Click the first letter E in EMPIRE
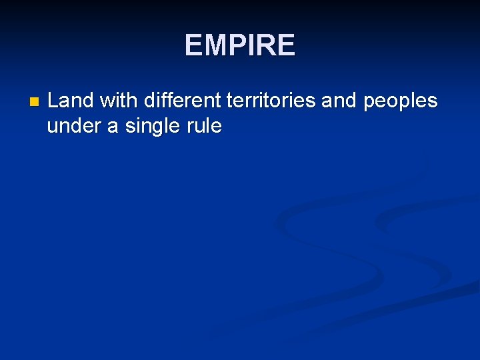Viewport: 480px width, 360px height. pyautogui.click(x=193, y=45)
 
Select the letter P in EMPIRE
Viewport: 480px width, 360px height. pyautogui.click(x=233, y=45)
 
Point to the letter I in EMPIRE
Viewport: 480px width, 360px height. pyautogui.click(x=248, y=45)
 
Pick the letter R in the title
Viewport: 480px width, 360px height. pyautogui.click(x=263, y=45)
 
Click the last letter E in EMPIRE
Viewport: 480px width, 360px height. pyautogui.click(x=285, y=45)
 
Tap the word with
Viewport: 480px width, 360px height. pyautogui.click(x=119, y=101)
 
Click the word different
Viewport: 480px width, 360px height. pyautogui.click(x=182, y=101)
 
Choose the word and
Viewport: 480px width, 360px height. pyautogui.click(x=338, y=101)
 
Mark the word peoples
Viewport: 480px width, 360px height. pyautogui.click(x=399, y=102)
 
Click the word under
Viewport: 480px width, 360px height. pyautogui.click(x=72, y=126)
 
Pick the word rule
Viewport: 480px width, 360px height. pyautogui.click(x=204, y=126)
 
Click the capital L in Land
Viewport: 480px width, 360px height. pyautogui.click(x=53, y=101)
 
